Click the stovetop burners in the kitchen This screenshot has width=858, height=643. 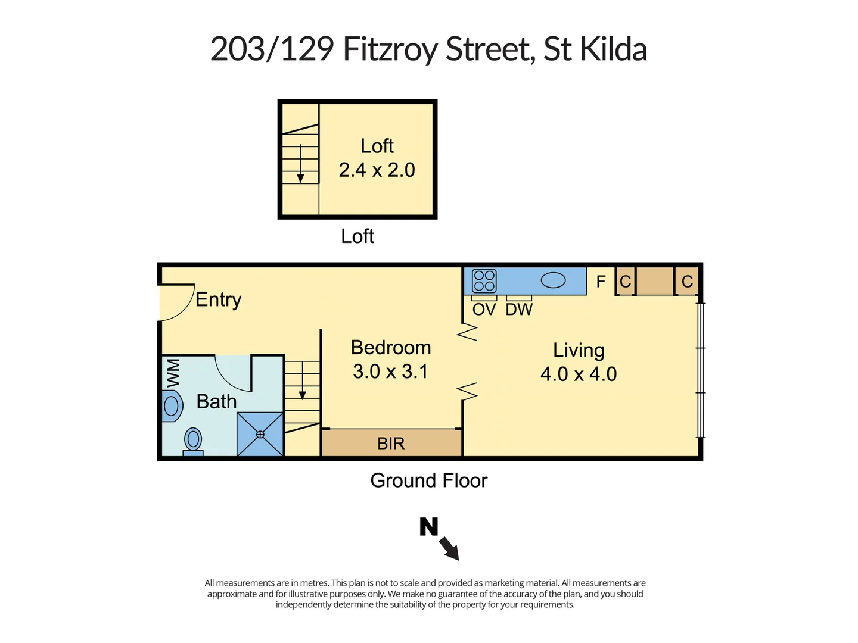[x=484, y=280]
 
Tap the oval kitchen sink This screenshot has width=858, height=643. [x=553, y=280]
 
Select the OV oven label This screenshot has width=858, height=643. [x=484, y=310]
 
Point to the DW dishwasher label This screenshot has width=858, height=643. [x=519, y=310]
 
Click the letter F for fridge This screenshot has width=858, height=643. [x=601, y=281]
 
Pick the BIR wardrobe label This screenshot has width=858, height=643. [x=391, y=444]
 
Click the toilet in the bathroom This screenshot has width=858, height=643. [x=193, y=441]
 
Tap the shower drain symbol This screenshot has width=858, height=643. [x=260, y=435]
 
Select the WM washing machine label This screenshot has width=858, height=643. [x=173, y=373]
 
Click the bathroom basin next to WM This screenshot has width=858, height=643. [x=172, y=406]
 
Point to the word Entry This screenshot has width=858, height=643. [x=218, y=299]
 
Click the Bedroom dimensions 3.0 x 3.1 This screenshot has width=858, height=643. [x=390, y=372]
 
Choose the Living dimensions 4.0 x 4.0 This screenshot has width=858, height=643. [x=579, y=374]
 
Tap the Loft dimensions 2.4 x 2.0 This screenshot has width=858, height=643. [x=377, y=170]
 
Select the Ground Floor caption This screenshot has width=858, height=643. [x=428, y=480]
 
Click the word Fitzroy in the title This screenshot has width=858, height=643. [x=390, y=49]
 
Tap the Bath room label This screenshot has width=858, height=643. [x=216, y=402]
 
